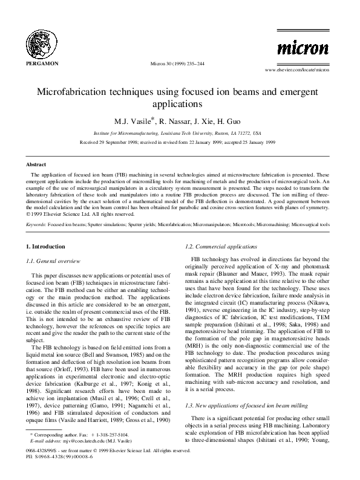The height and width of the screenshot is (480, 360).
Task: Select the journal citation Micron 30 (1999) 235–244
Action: (180, 63)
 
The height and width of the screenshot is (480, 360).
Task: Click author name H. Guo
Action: (237, 120)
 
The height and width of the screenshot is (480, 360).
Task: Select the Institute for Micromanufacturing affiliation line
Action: (180, 132)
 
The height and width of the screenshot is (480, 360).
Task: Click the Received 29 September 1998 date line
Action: (180, 143)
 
